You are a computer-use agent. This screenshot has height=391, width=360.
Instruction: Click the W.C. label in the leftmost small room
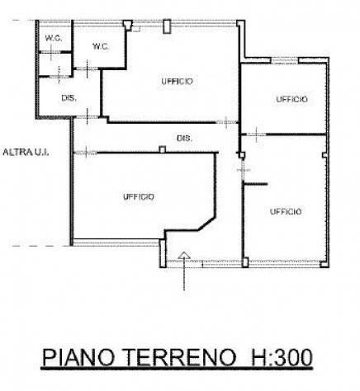point(54,38)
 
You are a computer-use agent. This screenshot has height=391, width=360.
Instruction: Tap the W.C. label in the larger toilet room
point(101,46)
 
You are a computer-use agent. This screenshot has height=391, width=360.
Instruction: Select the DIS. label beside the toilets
point(69,98)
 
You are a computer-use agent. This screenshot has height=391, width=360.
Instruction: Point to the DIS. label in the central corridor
point(184,138)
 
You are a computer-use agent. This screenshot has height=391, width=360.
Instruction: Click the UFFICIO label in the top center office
point(178,82)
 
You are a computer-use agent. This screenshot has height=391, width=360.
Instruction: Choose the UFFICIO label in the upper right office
point(291,99)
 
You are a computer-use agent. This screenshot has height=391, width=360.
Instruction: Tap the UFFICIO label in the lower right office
point(286,211)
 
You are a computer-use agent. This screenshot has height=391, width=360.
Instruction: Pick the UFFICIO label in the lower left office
point(139,197)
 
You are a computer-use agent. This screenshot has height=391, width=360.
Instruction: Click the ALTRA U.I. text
point(26,152)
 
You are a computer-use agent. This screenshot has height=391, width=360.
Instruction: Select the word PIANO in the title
point(78,357)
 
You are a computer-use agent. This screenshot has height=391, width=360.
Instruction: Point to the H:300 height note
point(282,357)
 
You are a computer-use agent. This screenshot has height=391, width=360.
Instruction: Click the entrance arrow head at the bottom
point(184,255)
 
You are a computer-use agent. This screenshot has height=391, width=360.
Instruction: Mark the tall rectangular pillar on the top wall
point(167,26)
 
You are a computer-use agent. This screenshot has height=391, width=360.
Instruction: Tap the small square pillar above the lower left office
point(163,149)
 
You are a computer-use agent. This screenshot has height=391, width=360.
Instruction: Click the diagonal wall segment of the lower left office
point(206,224)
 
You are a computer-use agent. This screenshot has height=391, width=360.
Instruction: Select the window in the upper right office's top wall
point(285,60)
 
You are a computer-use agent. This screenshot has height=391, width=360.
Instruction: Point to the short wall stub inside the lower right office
point(256,184)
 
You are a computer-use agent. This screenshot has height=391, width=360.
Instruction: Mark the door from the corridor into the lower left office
point(86,153)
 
